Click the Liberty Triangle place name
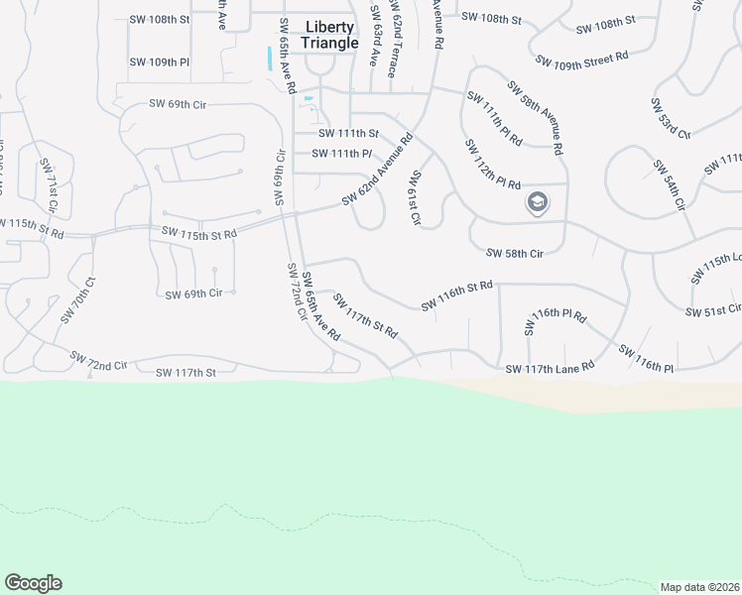pyautogui.click(x=329, y=35)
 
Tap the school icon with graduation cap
pyautogui.click(x=537, y=203)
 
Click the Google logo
pyautogui.click(x=33, y=583)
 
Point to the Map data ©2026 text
pyautogui.click(x=699, y=586)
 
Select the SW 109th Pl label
pyautogui.click(x=159, y=61)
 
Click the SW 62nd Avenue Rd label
pyautogui.click(x=377, y=171)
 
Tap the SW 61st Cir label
pyautogui.click(x=416, y=197)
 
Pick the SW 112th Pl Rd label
pyautogui.click(x=492, y=165)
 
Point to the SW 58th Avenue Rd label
pyautogui.click(x=536, y=117)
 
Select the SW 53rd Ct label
pyautogui.click(x=670, y=118)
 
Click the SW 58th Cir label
pyautogui.click(x=514, y=254)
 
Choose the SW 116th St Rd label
pyautogui.click(x=456, y=296)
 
